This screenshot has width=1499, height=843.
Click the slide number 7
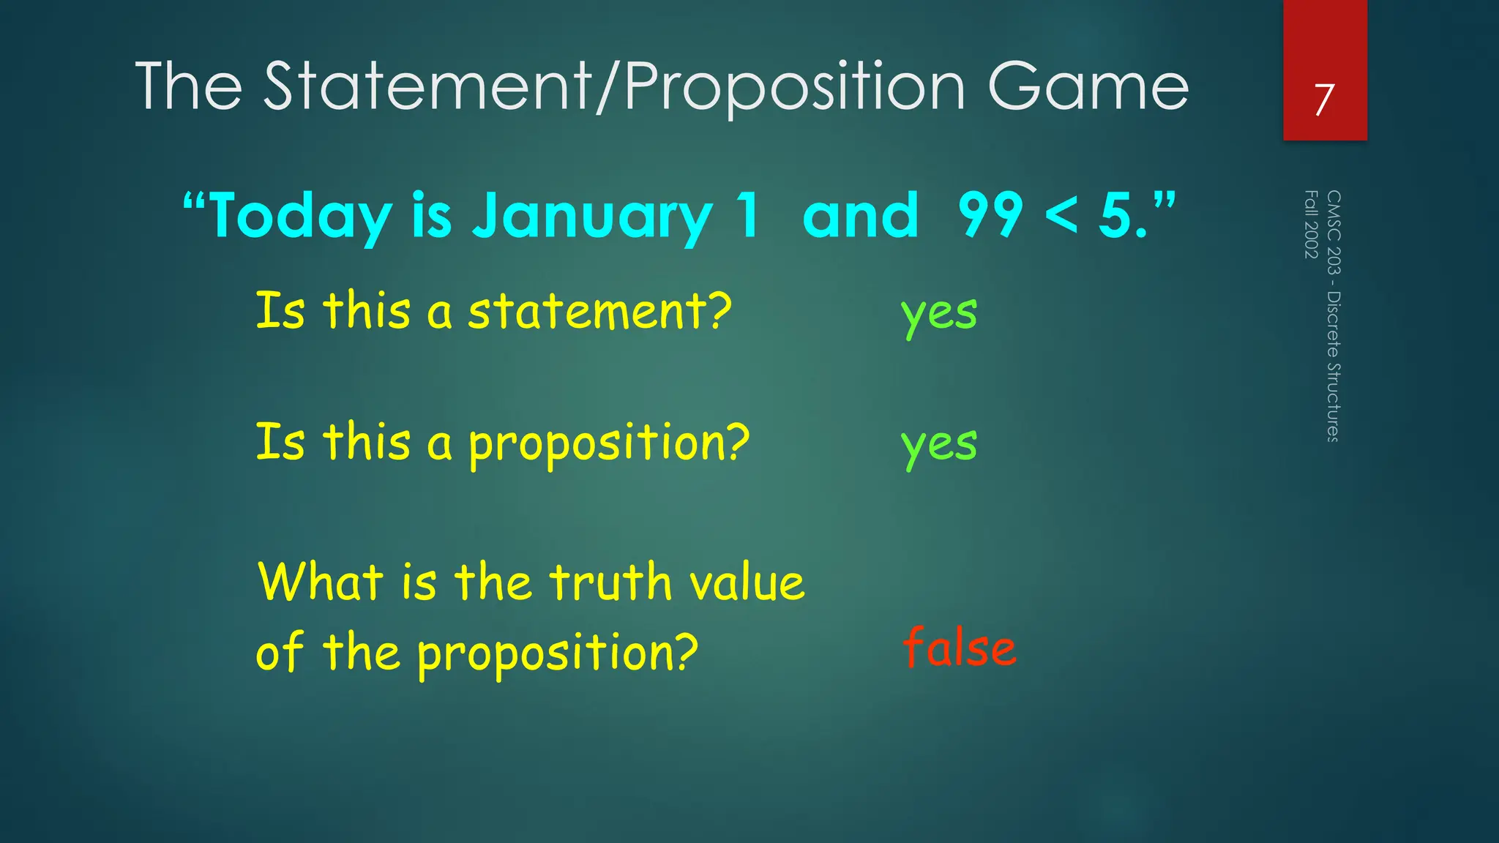[1324, 100]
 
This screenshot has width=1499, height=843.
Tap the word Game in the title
[1088, 88]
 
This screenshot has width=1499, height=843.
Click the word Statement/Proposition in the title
[615, 88]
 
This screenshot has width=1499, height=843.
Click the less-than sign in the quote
[1061, 217]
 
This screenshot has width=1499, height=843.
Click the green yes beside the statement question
[939, 314]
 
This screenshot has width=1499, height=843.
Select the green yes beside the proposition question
[939, 445]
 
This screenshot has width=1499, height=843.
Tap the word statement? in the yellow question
[599, 312]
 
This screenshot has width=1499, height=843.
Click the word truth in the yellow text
[610, 582]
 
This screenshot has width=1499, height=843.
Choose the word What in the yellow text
[321, 582]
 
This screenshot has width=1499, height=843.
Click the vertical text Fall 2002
[1311, 224]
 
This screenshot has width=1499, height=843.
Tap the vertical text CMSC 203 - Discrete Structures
[1334, 316]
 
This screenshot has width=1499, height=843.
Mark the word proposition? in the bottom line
[558, 653]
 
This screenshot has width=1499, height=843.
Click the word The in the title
[189, 88]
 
